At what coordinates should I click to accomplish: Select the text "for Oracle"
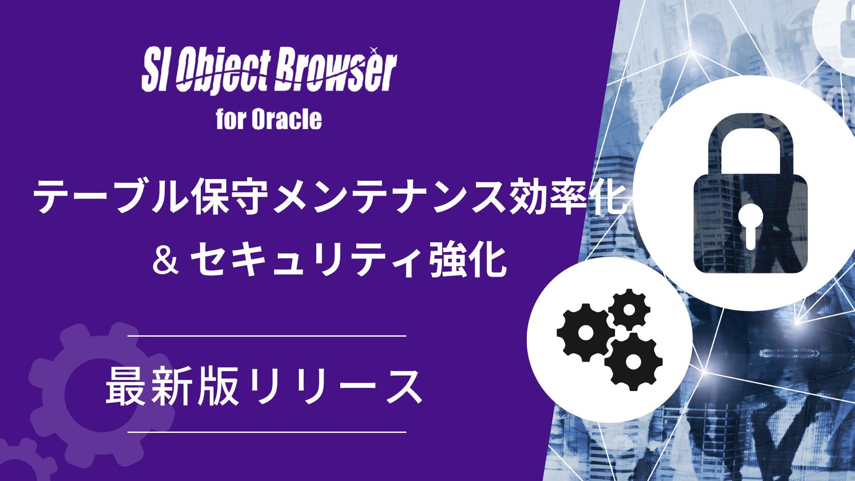coord(269,119)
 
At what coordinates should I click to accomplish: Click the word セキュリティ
coord(303,262)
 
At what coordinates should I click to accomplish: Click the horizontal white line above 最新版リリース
coord(267,335)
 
